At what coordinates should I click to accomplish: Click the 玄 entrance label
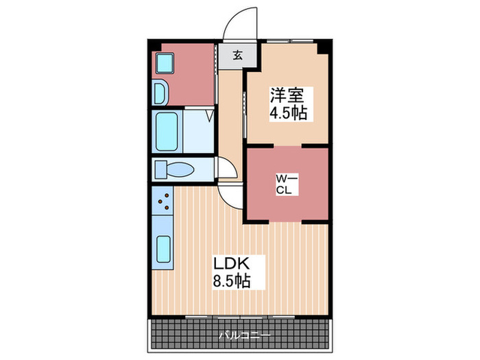237,56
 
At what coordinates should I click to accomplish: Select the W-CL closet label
285,184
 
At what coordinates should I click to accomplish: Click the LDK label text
230,263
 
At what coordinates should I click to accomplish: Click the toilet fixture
174,169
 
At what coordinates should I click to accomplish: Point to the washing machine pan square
165,64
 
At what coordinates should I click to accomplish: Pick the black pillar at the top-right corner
326,47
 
